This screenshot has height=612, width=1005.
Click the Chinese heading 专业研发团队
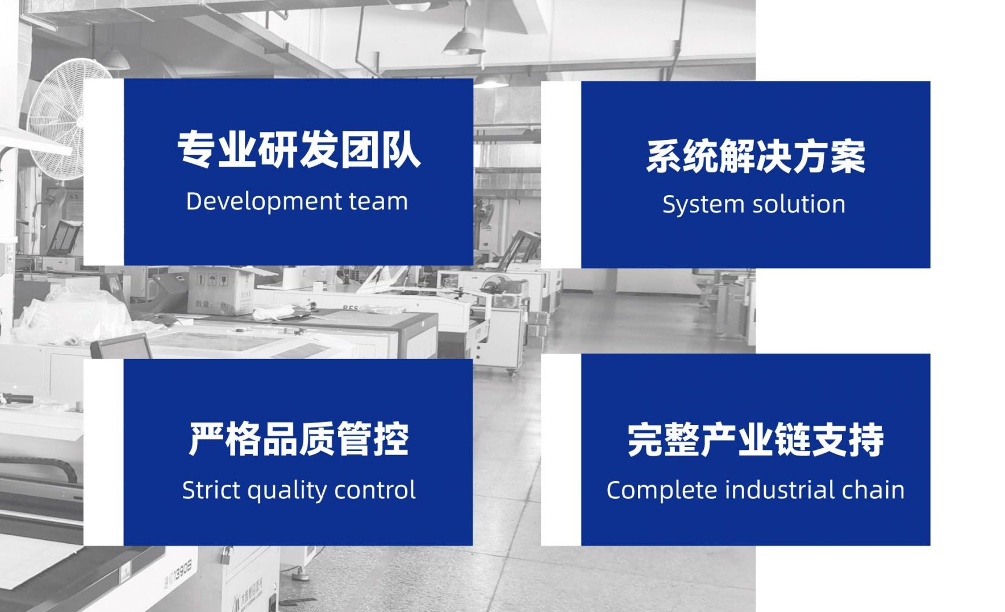299,150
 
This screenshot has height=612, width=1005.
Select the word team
378,202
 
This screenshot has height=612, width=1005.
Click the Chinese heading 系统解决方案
756,156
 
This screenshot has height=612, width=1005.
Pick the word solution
798,204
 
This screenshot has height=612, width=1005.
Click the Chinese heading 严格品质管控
299,439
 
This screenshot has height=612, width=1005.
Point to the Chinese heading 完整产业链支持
756,440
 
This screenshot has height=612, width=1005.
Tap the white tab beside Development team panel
103,172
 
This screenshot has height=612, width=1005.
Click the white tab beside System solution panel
561,175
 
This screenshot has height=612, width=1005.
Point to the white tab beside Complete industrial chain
561,449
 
